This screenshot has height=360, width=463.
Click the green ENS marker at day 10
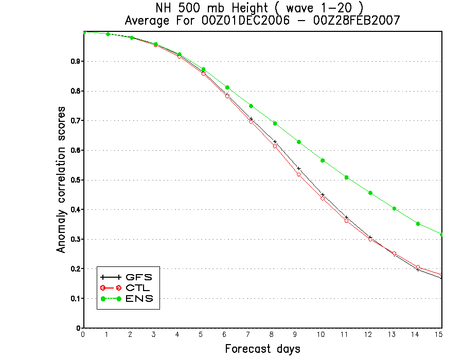(323, 160)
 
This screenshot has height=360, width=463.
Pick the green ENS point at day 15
(442, 235)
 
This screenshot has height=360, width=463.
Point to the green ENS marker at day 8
(275, 123)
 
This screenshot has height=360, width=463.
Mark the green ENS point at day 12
(370, 193)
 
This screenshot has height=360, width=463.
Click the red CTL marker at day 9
(299, 174)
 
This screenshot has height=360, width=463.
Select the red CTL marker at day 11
(347, 221)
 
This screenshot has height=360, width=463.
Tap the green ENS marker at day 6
(227, 87)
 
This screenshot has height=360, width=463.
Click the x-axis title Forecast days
(262, 349)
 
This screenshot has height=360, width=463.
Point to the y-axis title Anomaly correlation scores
(61, 179)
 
